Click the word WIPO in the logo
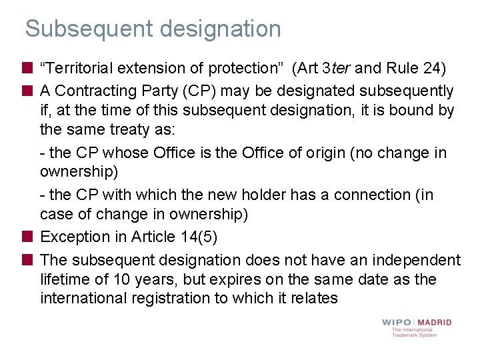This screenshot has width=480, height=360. (x=397, y=322)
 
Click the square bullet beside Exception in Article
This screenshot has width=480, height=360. (x=27, y=237)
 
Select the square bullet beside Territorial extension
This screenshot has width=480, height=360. (x=27, y=69)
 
